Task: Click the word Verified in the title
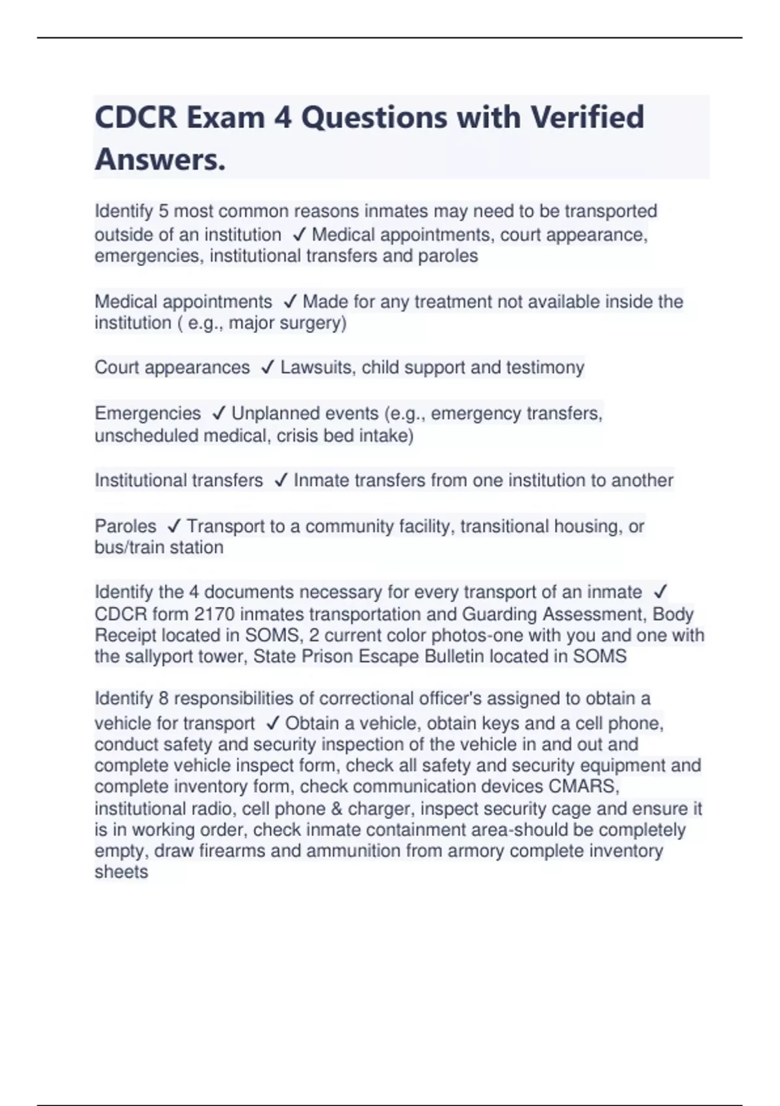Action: (587, 118)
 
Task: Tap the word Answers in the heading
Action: (160, 159)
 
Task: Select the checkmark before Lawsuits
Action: (267, 368)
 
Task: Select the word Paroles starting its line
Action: (125, 526)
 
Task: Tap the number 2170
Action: (215, 614)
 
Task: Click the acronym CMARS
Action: (583, 787)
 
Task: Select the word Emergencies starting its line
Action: (148, 414)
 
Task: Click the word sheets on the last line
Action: (122, 872)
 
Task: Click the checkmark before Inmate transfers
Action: (281, 481)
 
